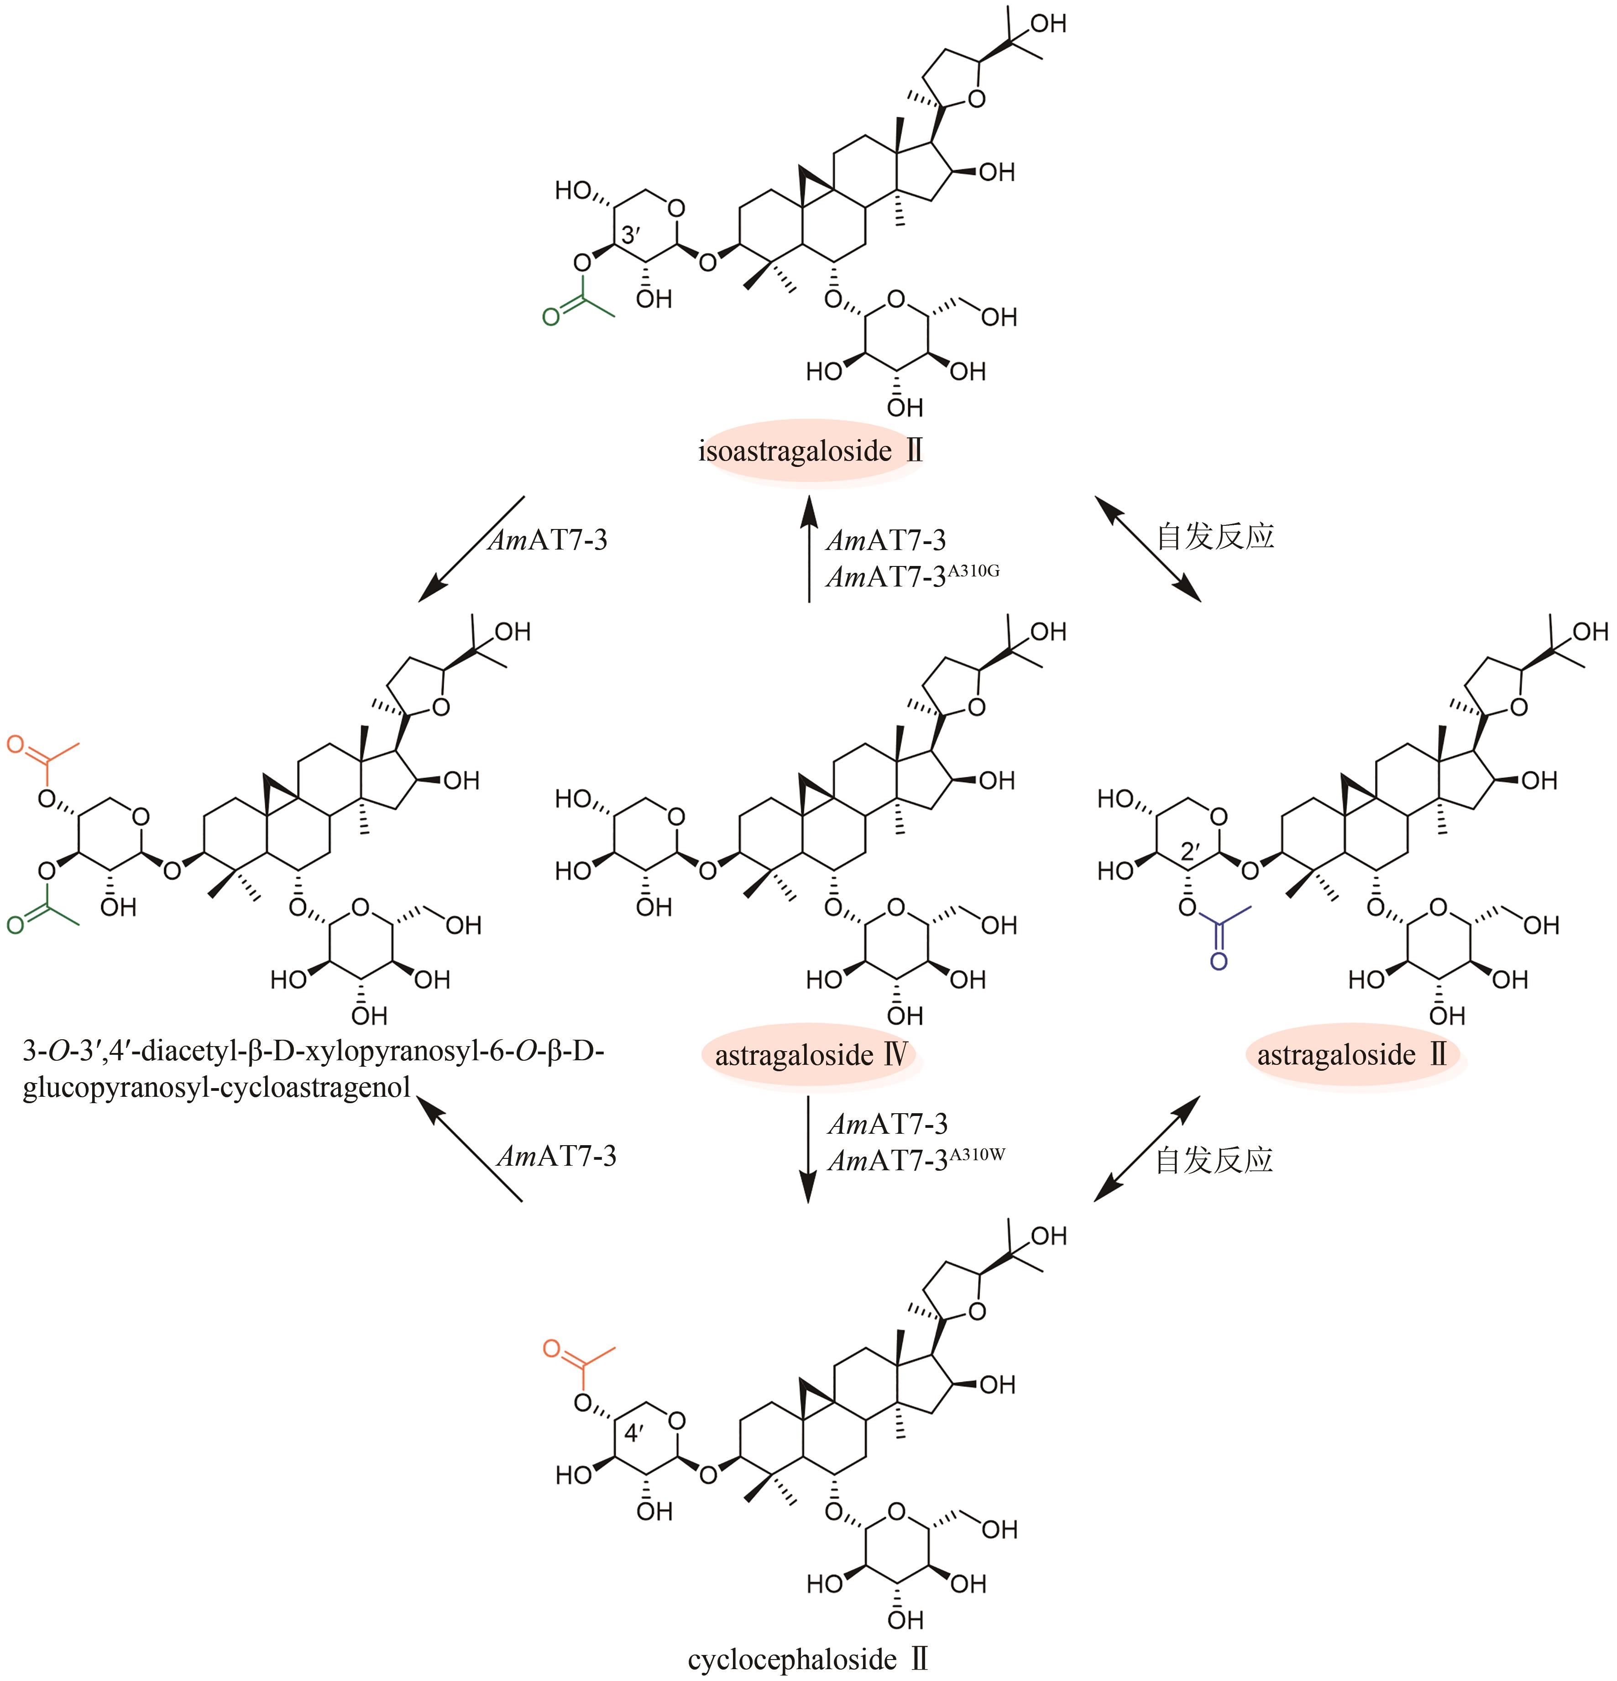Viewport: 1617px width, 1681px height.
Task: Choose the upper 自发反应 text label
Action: pos(1214,537)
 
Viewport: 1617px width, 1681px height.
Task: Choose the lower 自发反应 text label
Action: pos(1214,1160)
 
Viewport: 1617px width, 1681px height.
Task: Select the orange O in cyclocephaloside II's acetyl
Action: pos(552,1349)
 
